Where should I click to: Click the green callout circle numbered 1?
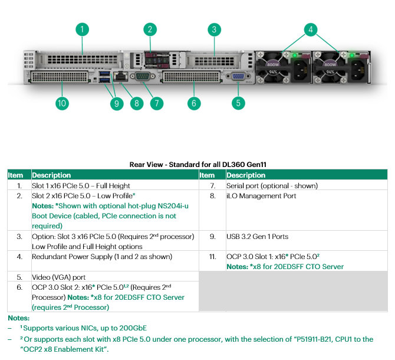(82, 30)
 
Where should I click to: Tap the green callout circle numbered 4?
(311, 30)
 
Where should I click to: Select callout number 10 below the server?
(62, 103)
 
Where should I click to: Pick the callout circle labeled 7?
(157, 103)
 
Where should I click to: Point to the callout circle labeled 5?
(238, 103)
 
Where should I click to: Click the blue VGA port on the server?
(238, 76)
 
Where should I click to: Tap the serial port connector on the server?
(143, 76)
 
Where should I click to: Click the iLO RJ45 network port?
(121, 76)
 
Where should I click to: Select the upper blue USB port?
(104, 73)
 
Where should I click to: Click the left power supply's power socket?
(300, 70)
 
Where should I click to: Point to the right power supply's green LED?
(352, 55)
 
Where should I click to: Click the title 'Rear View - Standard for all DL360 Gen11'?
(197, 165)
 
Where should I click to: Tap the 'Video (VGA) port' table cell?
(59, 277)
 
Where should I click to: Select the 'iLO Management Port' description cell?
(261, 196)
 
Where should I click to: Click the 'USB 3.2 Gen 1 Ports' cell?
(257, 237)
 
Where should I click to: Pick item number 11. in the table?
(213, 257)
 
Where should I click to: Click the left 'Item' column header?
(15, 175)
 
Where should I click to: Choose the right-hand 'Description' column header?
(246, 175)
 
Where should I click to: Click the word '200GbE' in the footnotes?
(133, 328)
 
